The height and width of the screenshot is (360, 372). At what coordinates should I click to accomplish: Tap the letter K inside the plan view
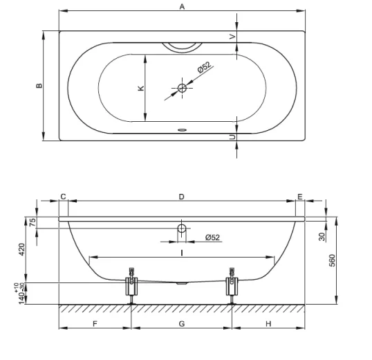pos(140,88)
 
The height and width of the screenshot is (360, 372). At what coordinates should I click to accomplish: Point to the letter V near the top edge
pos(232,36)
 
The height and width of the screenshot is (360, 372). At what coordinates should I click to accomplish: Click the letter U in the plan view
pos(232,138)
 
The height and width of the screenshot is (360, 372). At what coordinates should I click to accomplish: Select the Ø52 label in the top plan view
pos(204,67)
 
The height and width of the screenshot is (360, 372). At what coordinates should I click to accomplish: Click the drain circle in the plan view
pos(182,88)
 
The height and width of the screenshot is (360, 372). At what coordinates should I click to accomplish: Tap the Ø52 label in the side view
pos(212,237)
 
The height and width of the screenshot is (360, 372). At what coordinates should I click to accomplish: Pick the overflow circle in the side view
pos(182,228)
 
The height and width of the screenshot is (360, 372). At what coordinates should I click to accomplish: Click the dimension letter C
pos(63,197)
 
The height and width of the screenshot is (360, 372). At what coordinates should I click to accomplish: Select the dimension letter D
pos(181,197)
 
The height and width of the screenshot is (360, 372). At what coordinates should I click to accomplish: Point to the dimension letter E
pos(299,197)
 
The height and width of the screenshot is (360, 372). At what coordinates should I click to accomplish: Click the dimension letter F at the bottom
pos(95,323)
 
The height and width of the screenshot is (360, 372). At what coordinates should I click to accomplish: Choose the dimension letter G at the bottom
pos(181,323)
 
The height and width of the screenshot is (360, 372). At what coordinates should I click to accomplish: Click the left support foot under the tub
pos(130,286)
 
